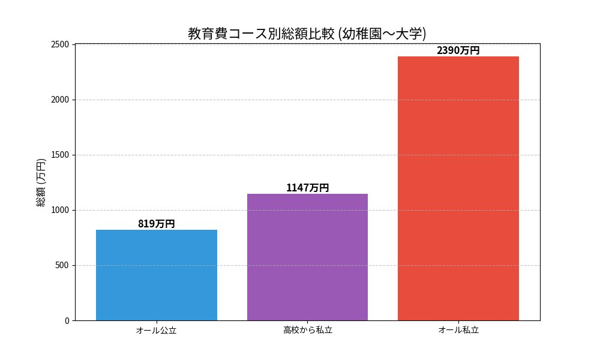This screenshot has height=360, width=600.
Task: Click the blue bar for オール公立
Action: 156,275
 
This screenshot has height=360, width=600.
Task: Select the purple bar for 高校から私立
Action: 307,257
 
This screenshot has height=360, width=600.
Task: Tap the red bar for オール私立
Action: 458,188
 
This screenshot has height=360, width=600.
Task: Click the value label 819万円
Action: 156,224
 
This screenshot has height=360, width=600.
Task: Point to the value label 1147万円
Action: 307,188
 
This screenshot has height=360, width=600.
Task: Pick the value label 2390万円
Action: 458,50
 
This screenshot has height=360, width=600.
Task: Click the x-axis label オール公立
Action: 156,330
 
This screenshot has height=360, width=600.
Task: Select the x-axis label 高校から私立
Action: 307,330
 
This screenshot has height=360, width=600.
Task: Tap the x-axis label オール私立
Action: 458,330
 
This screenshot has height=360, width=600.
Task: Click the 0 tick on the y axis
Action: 67,320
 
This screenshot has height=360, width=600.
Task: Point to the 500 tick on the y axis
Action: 63,265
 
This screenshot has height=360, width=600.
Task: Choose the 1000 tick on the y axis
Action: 61,210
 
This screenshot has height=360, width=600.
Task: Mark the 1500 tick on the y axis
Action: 61,155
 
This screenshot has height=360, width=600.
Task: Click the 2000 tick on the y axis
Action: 61,100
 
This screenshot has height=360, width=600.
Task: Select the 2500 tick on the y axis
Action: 61,44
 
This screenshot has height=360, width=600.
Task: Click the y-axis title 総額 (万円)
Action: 41,182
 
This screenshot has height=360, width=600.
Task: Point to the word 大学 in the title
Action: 409,34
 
